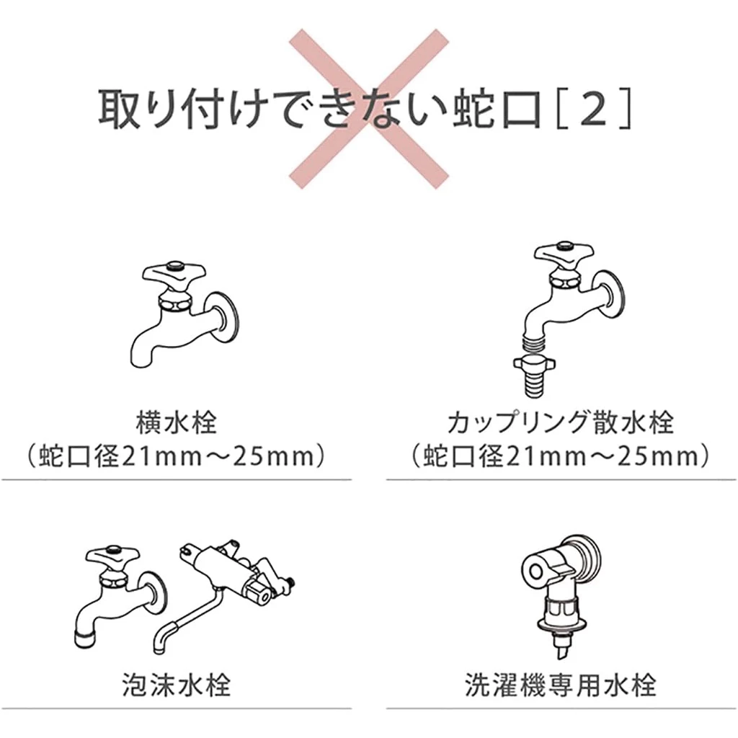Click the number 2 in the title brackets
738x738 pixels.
(x=594, y=108)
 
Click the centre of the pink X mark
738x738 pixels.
(x=368, y=109)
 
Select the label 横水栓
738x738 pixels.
(x=177, y=422)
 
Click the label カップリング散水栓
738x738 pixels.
(x=561, y=422)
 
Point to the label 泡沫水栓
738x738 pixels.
(x=177, y=685)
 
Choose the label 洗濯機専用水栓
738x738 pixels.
(x=561, y=685)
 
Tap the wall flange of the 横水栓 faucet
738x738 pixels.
(x=224, y=318)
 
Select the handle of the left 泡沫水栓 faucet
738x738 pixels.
(x=113, y=558)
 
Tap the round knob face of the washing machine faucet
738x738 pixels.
(x=537, y=571)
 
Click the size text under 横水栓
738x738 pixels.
(x=177, y=455)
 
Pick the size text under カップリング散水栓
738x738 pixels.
(x=561, y=455)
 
